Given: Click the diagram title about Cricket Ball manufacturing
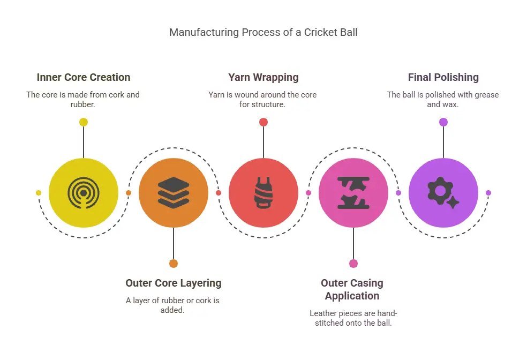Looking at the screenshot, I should pyautogui.click(x=263, y=32).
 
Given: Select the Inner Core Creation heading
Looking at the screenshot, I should pyautogui.click(x=84, y=77).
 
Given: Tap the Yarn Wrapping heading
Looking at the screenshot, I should pyautogui.click(x=263, y=77).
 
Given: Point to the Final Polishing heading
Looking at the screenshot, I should pyautogui.click(x=443, y=77).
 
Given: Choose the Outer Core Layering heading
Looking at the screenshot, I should pyautogui.click(x=173, y=283).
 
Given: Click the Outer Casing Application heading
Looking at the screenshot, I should pyautogui.click(x=352, y=289).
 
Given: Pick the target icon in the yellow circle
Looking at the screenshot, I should pyautogui.click(x=84, y=193).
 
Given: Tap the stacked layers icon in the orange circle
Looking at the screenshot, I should pyautogui.click(x=174, y=193).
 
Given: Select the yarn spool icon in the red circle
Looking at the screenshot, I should pyautogui.click(x=263, y=193).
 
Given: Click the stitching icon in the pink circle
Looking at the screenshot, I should pyautogui.click(x=353, y=193).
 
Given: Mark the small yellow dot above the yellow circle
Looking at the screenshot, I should pyautogui.click(x=84, y=122).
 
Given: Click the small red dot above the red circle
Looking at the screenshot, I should pyautogui.click(x=263, y=122).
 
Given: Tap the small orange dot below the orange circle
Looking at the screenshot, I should pyautogui.click(x=174, y=264).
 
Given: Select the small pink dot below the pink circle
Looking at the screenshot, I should pyautogui.click(x=353, y=264).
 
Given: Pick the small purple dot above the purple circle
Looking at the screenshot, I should pyautogui.click(x=443, y=122).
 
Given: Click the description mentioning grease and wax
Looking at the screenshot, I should pyautogui.click(x=443, y=100).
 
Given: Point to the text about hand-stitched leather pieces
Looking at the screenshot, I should pyautogui.click(x=353, y=318).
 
